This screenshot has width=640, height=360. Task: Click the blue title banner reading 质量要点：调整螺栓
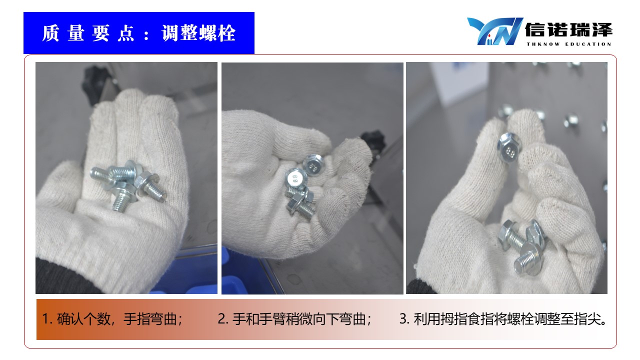click(x=139, y=33)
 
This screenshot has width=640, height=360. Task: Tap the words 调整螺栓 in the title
click(x=198, y=33)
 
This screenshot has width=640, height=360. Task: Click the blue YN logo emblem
click(x=495, y=31)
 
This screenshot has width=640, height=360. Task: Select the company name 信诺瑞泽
click(x=568, y=30)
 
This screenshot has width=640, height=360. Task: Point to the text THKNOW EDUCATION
click(x=569, y=44)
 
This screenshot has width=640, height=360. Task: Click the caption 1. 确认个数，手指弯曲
click(x=112, y=319)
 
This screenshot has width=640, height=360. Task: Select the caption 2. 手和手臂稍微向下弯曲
click(x=294, y=319)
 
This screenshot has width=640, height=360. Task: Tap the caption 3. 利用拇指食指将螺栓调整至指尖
click(x=503, y=319)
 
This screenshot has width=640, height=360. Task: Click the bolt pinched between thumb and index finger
click(x=509, y=147)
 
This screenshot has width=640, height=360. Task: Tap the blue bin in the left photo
click(x=188, y=271)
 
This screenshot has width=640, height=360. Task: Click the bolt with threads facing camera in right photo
click(x=528, y=259)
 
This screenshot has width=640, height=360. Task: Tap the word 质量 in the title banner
click(x=63, y=33)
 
